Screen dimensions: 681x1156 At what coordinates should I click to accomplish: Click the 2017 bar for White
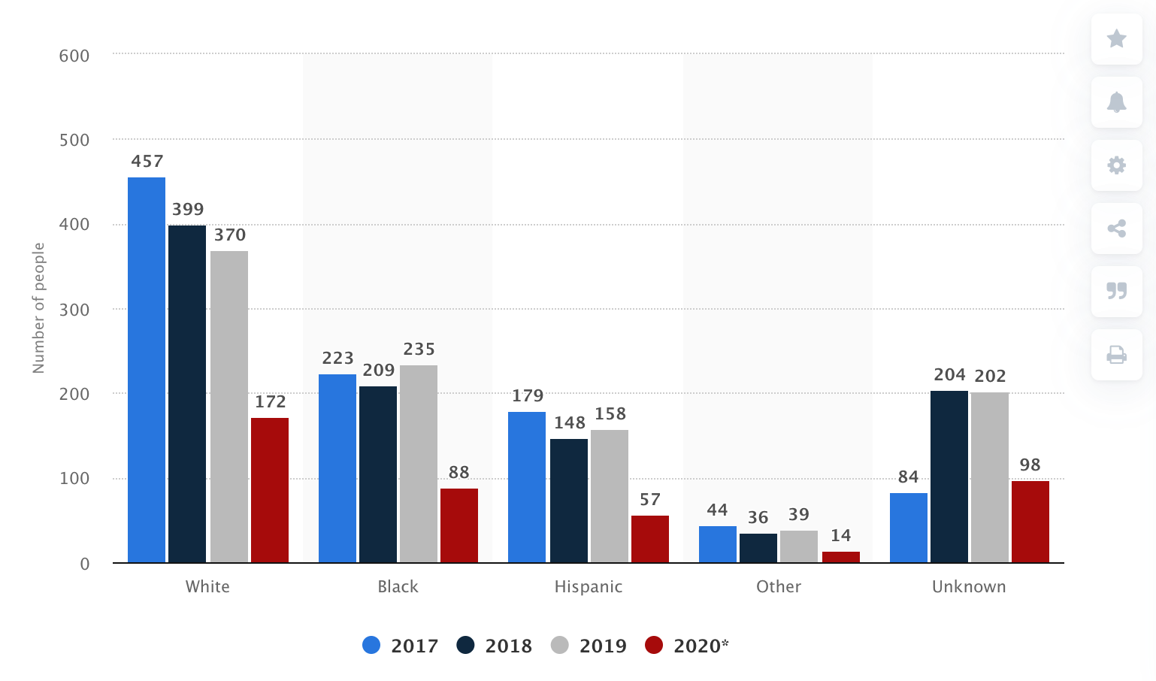click(x=147, y=370)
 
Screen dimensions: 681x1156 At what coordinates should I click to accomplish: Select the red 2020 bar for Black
click(x=459, y=525)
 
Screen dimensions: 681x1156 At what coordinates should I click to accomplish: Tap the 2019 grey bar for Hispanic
click(x=610, y=496)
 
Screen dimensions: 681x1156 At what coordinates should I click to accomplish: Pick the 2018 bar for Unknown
click(x=949, y=477)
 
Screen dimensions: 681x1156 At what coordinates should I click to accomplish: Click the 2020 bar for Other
click(x=841, y=557)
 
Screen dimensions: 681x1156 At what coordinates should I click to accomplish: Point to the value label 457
click(x=147, y=162)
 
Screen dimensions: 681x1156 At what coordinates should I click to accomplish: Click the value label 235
click(x=419, y=350)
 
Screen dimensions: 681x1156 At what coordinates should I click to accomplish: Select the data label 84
click(x=909, y=477)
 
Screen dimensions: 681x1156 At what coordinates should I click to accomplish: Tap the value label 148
click(x=570, y=423)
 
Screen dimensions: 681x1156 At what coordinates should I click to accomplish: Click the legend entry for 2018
click(x=495, y=646)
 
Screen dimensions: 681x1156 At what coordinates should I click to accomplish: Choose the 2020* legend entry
click(x=687, y=646)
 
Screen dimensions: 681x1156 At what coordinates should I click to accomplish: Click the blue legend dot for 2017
click(x=371, y=646)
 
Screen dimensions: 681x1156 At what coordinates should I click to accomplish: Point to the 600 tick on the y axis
click(x=74, y=56)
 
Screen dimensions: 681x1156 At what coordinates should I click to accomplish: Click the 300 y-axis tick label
click(x=74, y=310)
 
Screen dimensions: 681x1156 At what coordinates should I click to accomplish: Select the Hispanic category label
click(x=589, y=587)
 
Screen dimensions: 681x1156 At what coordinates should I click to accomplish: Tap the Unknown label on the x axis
click(x=969, y=587)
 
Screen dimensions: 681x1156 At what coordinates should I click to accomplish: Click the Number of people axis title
click(x=39, y=308)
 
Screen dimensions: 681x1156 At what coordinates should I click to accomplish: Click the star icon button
click(x=1117, y=38)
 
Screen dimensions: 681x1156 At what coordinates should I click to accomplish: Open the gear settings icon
click(x=1117, y=165)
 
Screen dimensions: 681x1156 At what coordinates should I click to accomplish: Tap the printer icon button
click(x=1117, y=355)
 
